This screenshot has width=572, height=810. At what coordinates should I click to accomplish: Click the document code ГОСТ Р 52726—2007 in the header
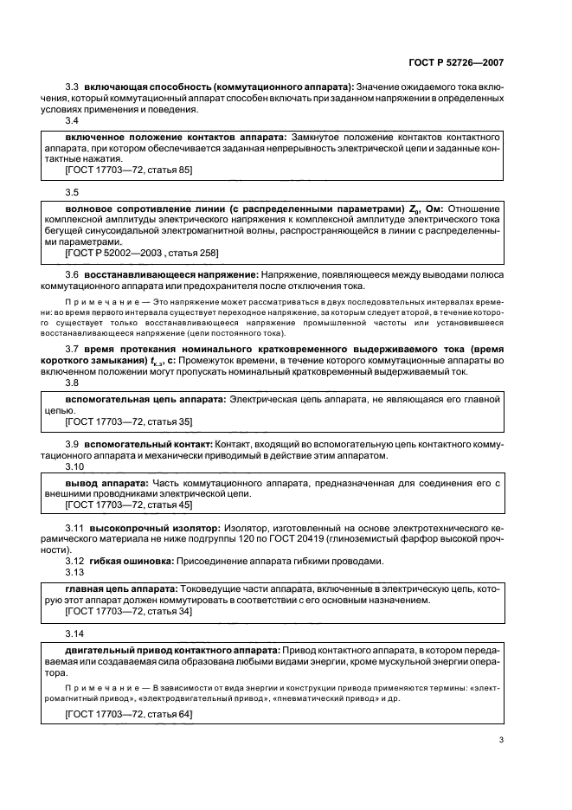[462, 63]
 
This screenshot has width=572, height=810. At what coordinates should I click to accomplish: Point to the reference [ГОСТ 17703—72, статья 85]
[129, 171]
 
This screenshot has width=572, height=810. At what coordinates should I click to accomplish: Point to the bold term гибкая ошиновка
[130, 560]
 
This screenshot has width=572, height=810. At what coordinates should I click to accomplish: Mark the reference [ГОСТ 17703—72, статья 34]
[129, 611]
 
